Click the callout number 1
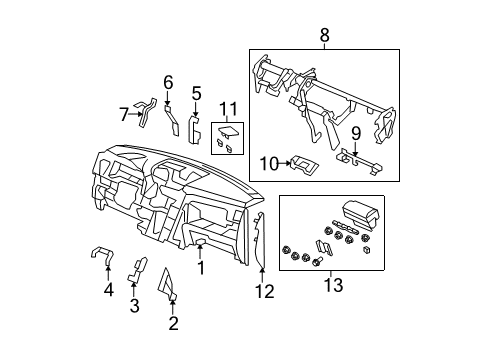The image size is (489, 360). click(x=200, y=267)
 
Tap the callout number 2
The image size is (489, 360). click(x=173, y=322)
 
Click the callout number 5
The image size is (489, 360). click(x=197, y=93)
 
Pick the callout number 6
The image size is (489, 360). click(x=168, y=81)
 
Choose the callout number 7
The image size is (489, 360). click(x=125, y=114)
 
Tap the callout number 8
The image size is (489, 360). click(x=323, y=36)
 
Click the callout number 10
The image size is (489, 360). click(x=267, y=162)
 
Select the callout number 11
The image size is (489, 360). click(x=227, y=109)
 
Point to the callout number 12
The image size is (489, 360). click(x=264, y=292)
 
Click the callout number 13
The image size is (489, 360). click(x=333, y=286)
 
